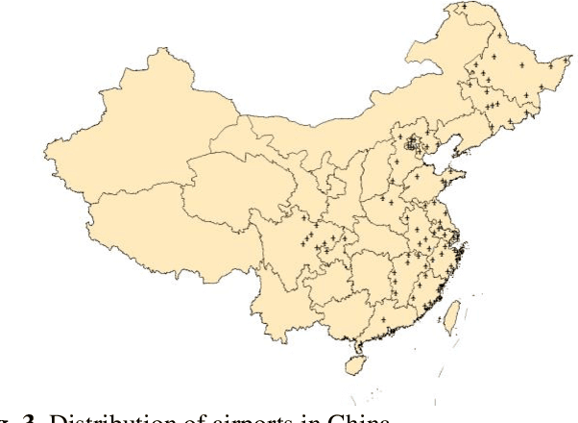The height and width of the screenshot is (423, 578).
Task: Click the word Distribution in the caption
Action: (105, 415)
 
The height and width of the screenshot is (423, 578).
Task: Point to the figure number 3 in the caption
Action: (37, 415)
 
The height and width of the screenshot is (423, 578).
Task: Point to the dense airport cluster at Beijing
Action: (414, 146)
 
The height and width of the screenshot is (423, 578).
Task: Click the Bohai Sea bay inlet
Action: (437, 159)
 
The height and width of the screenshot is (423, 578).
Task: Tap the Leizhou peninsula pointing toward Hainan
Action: (357, 346)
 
